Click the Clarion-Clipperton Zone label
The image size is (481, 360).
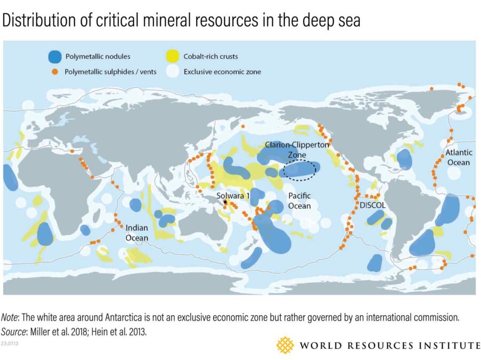[x=298, y=149]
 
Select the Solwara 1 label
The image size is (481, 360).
[x=233, y=195]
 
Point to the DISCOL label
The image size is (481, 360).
[x=373, y=205]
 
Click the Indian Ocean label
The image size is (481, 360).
[x=137, y=233]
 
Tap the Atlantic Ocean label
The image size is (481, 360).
[x=459, y=158]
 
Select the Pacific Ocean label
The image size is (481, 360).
[x=299, y=200]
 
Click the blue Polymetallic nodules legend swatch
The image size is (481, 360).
[x=55, y=56]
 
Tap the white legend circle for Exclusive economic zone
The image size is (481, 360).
[x=172, y=71]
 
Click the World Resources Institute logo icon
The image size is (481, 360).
[x=285, y=345]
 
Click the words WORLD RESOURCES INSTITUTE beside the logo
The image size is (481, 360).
[x=390, y=346]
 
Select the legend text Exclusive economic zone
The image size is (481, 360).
[x=222, y=71]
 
